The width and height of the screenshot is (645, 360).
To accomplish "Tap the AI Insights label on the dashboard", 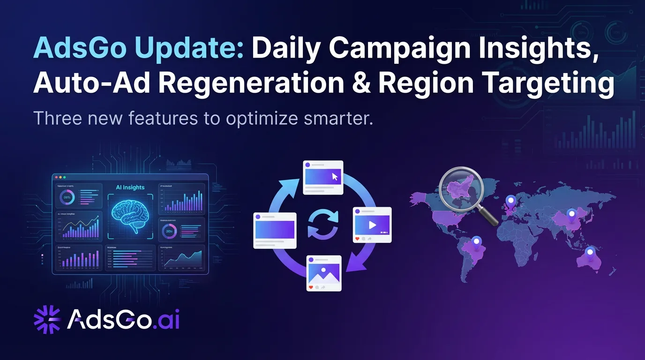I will (x=130, y=187).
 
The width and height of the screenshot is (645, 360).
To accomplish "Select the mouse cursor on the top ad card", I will (x=335, y=177).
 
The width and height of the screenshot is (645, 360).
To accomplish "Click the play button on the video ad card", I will (x=373, y=225).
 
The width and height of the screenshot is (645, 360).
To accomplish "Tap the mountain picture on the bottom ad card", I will (x=323, y=272).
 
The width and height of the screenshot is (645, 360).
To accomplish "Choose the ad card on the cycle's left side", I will (x=275, y=230).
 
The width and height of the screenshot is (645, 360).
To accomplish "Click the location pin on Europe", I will (x=510, y=202).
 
